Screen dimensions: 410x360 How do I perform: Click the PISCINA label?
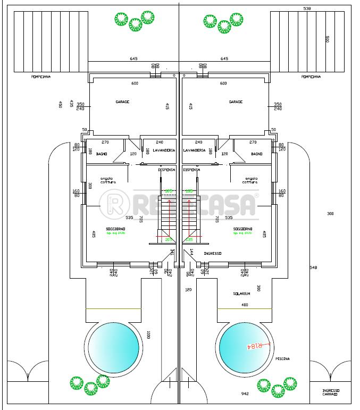click(282, 359)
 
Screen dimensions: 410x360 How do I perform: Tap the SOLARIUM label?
click(241, 294)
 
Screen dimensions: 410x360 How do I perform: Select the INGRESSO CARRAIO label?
click(330, 393)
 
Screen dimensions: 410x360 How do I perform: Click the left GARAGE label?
click(122, 102)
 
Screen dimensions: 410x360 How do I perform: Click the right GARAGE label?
click(236, 102)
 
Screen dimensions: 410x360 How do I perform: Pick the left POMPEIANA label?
click(41, 77)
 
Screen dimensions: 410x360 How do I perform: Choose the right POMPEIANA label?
click(311, 77)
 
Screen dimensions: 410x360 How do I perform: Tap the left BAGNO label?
click(102, 154)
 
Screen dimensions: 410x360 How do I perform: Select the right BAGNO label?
click(256, 154)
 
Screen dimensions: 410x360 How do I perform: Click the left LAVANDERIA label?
click(164, 150)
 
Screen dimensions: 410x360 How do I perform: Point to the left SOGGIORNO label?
click(111, 229)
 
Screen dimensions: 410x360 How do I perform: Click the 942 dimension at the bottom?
click(245, 394)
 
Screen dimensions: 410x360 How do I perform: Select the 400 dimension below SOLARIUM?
click(245, 305)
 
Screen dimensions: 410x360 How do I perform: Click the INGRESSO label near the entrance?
click(213, 254)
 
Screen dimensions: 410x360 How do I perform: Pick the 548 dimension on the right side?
click(313, 267)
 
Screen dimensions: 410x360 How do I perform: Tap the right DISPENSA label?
click(191, 170)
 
